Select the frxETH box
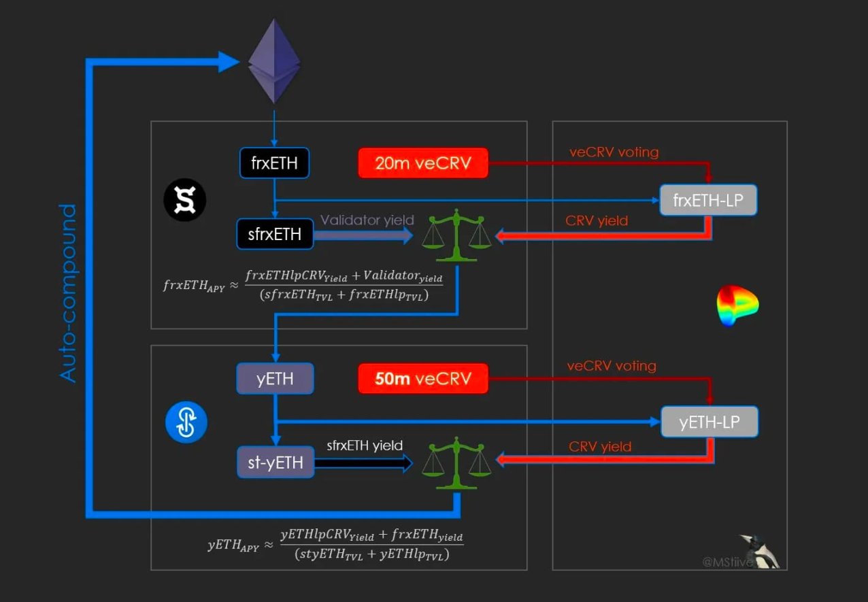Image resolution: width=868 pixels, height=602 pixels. click(274, 163)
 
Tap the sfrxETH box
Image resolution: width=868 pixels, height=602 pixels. click(275, 235)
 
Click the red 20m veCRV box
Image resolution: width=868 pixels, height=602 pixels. click(423, 163)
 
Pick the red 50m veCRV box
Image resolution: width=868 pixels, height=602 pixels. click(423, 378)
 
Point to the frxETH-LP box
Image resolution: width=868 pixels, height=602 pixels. click(708, 201)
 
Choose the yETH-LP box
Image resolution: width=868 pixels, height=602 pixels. click(710, 422)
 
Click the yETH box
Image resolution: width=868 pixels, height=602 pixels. click(275, 378)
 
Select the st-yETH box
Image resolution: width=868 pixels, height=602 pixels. click(275, 463)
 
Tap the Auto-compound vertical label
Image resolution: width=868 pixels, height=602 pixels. click(69, 293)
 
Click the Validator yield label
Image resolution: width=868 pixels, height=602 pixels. click(367, 220)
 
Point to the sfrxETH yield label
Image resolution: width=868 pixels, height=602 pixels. click(365, 446)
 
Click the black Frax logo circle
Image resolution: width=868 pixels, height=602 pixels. click(184, 201)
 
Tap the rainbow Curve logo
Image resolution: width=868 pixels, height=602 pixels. click(737, 305)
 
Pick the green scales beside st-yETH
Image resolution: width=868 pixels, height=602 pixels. click(456, 463)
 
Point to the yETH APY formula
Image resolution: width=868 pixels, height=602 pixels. click(335, 545)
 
